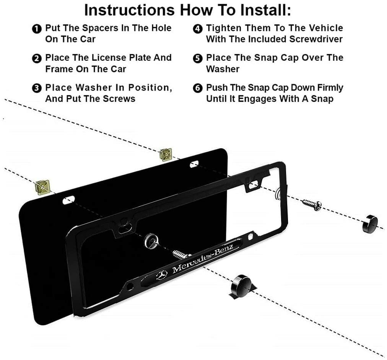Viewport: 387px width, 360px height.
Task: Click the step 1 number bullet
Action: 37,29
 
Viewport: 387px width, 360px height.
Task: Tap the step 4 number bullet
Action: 197,29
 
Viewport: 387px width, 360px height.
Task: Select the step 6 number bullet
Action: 197,88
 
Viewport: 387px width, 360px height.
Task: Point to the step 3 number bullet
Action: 37,88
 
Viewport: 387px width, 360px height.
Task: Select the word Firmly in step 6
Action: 330,88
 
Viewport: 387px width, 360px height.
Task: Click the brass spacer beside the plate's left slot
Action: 43,187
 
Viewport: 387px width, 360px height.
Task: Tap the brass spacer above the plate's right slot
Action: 166,155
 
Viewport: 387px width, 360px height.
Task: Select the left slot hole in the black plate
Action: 68,200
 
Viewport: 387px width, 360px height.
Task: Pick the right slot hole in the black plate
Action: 194,164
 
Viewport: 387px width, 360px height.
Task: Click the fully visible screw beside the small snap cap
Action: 312,205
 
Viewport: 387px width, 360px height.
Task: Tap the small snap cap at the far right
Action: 370,224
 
